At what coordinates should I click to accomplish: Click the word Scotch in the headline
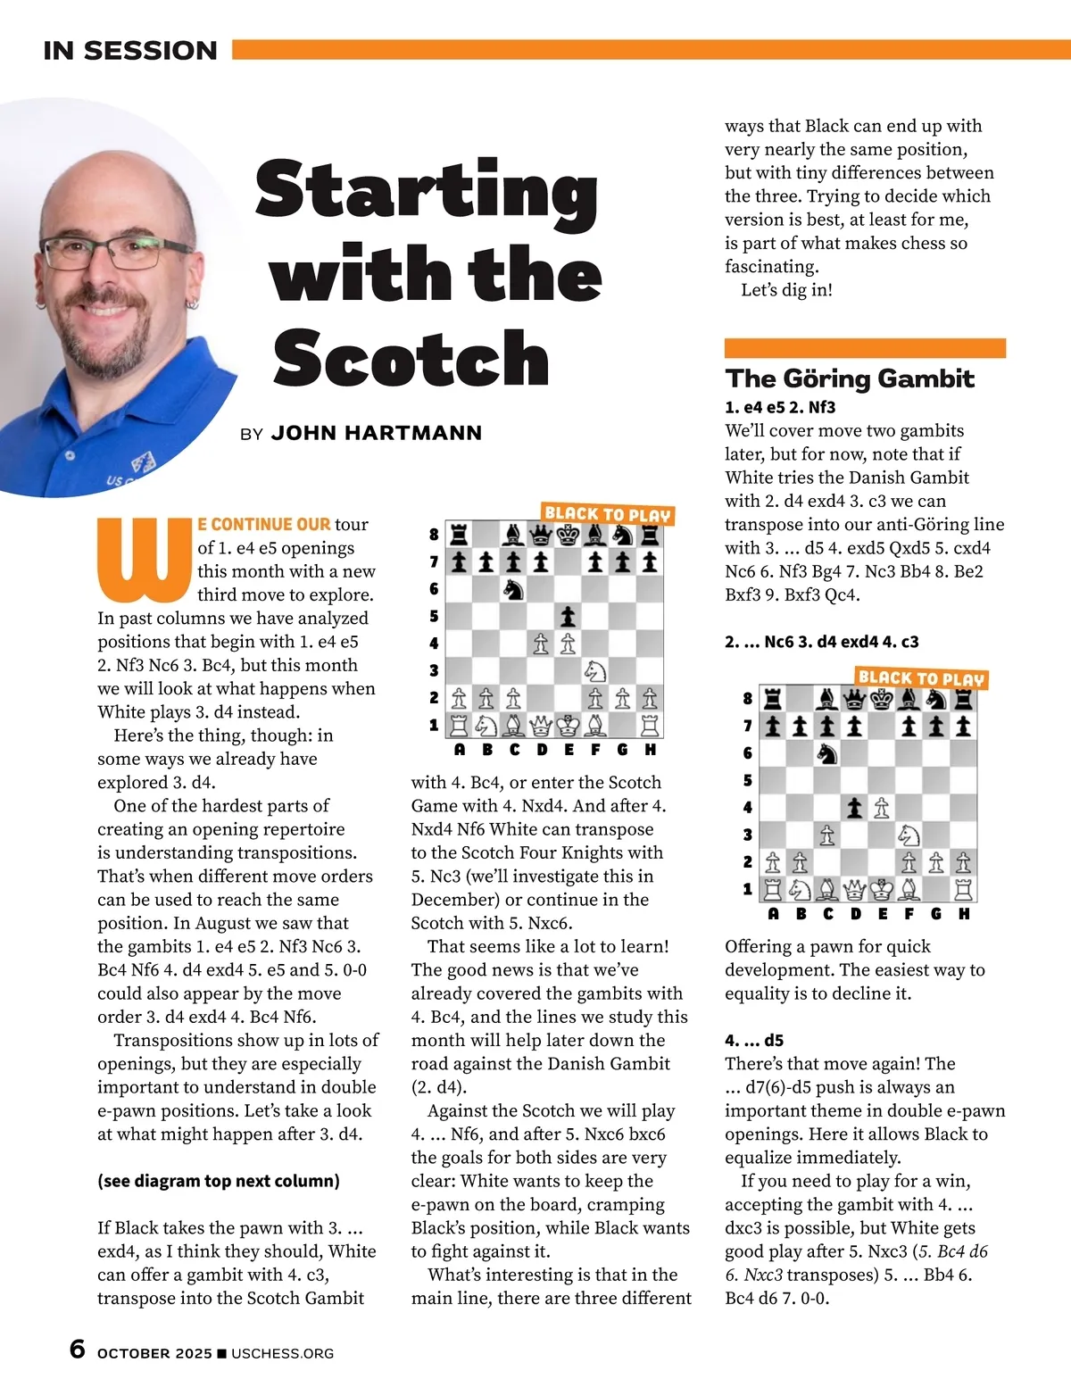(411, 358)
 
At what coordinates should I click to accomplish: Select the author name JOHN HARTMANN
(376, 434)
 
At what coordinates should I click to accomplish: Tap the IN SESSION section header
(130, 51)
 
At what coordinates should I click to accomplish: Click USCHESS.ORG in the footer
(282, 1353)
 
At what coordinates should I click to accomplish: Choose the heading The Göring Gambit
(849, 378)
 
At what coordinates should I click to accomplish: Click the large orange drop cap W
(145, 559)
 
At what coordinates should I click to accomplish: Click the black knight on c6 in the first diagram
(513, 589)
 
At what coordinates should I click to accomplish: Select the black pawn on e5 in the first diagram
(568, 616)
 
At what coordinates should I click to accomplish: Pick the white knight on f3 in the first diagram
(594, 670)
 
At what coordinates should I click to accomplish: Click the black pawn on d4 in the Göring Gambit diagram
(854, 808)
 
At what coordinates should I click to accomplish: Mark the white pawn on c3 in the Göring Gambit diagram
(827, 835)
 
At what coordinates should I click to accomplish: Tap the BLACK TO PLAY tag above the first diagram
(607, 514)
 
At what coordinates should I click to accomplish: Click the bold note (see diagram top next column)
(219, 1181)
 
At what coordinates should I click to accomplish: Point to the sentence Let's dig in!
(786, 290)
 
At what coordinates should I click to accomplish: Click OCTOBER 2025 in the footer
(154, 1353)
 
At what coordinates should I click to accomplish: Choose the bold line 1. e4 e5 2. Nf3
(780, 408)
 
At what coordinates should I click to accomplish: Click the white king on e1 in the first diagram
(568, 725)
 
